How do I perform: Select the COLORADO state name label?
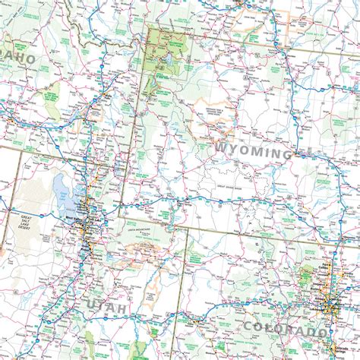pyautogui.click(x=285, y=329)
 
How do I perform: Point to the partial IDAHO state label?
pyautogui.click(x=18, y=57)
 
